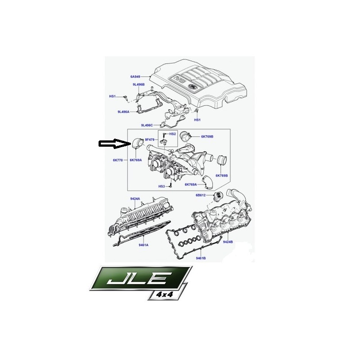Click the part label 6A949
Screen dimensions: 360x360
135,76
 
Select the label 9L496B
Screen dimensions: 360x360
139,85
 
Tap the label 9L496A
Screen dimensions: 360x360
123,112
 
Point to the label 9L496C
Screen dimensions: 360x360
147,126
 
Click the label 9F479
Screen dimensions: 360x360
149,139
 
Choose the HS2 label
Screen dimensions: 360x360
172,134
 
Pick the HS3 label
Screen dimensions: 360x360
162,186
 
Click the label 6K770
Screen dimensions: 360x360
118,160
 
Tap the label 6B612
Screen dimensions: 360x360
200,195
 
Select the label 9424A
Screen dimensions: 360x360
135,199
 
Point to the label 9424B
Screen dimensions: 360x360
228,242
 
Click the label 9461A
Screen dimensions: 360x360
144,245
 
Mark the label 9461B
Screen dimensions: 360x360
201,258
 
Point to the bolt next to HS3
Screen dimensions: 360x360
171,184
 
